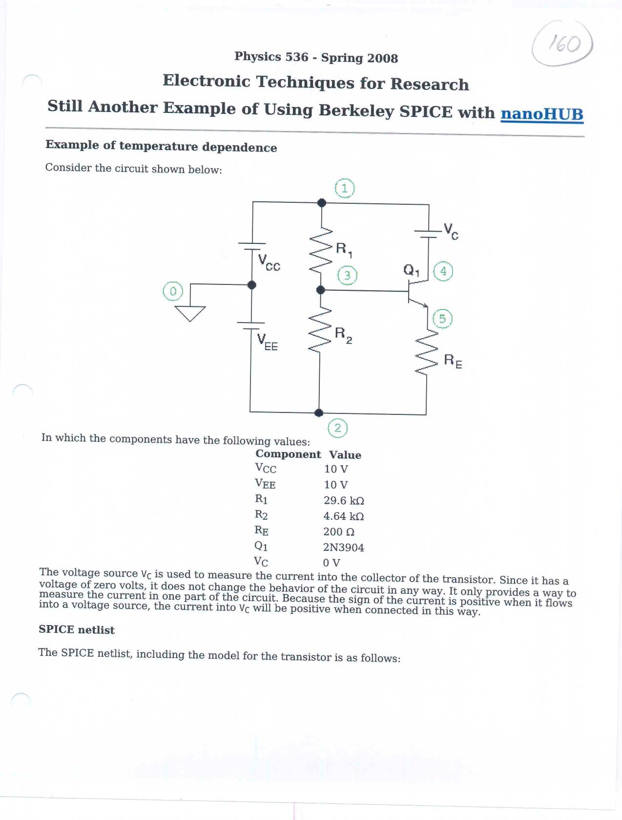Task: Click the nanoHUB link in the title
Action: tap(542, 114)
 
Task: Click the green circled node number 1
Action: tap(345, 188)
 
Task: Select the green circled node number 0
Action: tap(172, 291)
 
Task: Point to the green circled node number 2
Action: tap(337, 428)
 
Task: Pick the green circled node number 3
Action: tap(347, 276)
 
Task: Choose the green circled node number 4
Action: tap(443, 271)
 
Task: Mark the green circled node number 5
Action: tap(442, 319)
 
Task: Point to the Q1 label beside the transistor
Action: tap(411, 270)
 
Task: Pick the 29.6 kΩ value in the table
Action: tap(344, 500)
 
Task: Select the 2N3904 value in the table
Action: tap(344, 547)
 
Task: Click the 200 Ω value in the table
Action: tap(339, 532)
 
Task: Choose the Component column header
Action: tap(288, 454)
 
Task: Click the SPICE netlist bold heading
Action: tap(77, 630)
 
